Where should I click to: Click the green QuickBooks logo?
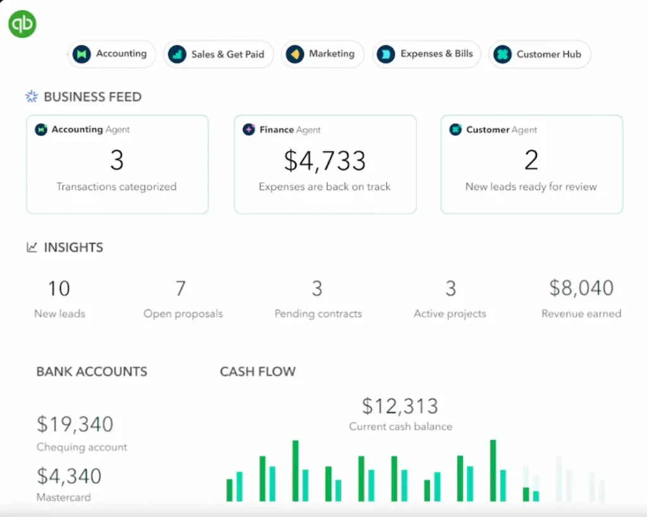click(x=22, y=23)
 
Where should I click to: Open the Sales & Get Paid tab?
click(x=217, y=54)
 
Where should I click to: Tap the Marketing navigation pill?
click(x=322, y=54)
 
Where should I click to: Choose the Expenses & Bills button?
click(x=426, y=54)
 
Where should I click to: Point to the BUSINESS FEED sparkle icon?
click(x=32, y=97)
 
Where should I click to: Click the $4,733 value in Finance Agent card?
click(x=325, y=161)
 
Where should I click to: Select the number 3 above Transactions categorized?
click(x=117, y=161)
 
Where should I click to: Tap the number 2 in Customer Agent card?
click(x=531, y=161)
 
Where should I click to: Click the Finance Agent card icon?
click(x=249, y=130)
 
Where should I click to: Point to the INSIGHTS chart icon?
click(x=32, y=248)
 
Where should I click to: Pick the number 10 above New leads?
click(x=59, y=289)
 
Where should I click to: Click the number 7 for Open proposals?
click(x=181, y=289)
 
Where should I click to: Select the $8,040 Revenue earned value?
click(x=581, y=288)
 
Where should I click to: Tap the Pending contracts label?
click(x=318, y=313)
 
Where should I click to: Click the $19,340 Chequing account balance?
click(x=75, y=424)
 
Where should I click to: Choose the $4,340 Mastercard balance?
click(x=69, y=476)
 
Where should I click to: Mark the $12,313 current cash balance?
click(x=400, y=406)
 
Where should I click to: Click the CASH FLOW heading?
click(x=258, y=372)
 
